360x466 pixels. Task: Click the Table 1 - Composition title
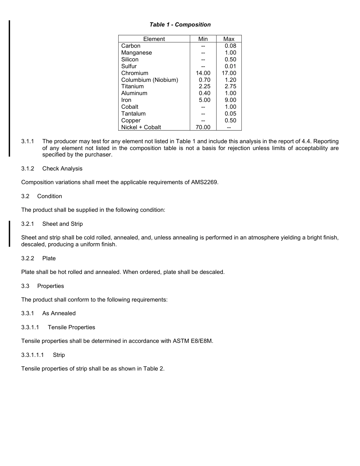pyautogui.click(x=180, y=25)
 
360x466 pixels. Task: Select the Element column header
pyautogui.click(x=154, y=39)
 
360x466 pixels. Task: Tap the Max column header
pyautogui.click(x=229, y=39)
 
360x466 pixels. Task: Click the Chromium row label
pyautogui.click(x=135, y=73)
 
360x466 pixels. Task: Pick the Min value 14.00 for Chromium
pyautogui.click(x=203, y=73)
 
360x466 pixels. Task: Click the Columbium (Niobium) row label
pyautogui.click(x=149, y=80)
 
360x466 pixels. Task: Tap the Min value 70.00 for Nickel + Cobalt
pyautogui.click(x=203, y=127)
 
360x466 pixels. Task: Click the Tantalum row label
pyautogui.click(x=133, y=114)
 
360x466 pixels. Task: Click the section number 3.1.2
pyautogui.click(x=28, y=169)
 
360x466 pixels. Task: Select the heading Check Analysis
pyautogui.click(x=62, y=169)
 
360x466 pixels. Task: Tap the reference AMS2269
pyautogui.click(x=205, y=182)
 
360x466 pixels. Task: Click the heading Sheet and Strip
pyautogui.click(x=63, y=224)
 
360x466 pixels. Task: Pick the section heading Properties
pyautogui.click(x=50, y=286)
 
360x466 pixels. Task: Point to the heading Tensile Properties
pyautogui.click(x=71, y=327)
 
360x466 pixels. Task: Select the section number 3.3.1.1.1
pyautogui.click(x=33, y=355)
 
